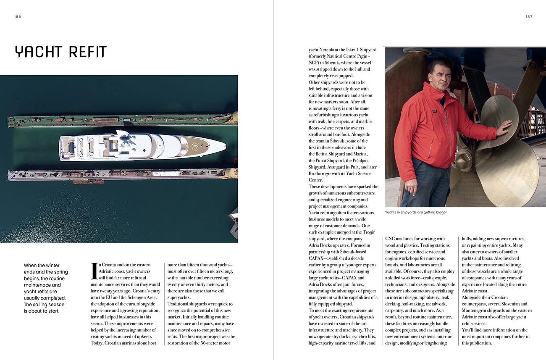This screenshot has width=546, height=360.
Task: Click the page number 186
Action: pos(17,17)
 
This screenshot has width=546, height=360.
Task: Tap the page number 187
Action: pos(529,17)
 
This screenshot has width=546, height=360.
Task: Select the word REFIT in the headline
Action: pos(88,52)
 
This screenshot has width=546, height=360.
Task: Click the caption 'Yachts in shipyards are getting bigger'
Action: pos(416,213)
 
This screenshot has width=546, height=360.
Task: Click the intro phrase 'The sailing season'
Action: pos(44,305)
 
